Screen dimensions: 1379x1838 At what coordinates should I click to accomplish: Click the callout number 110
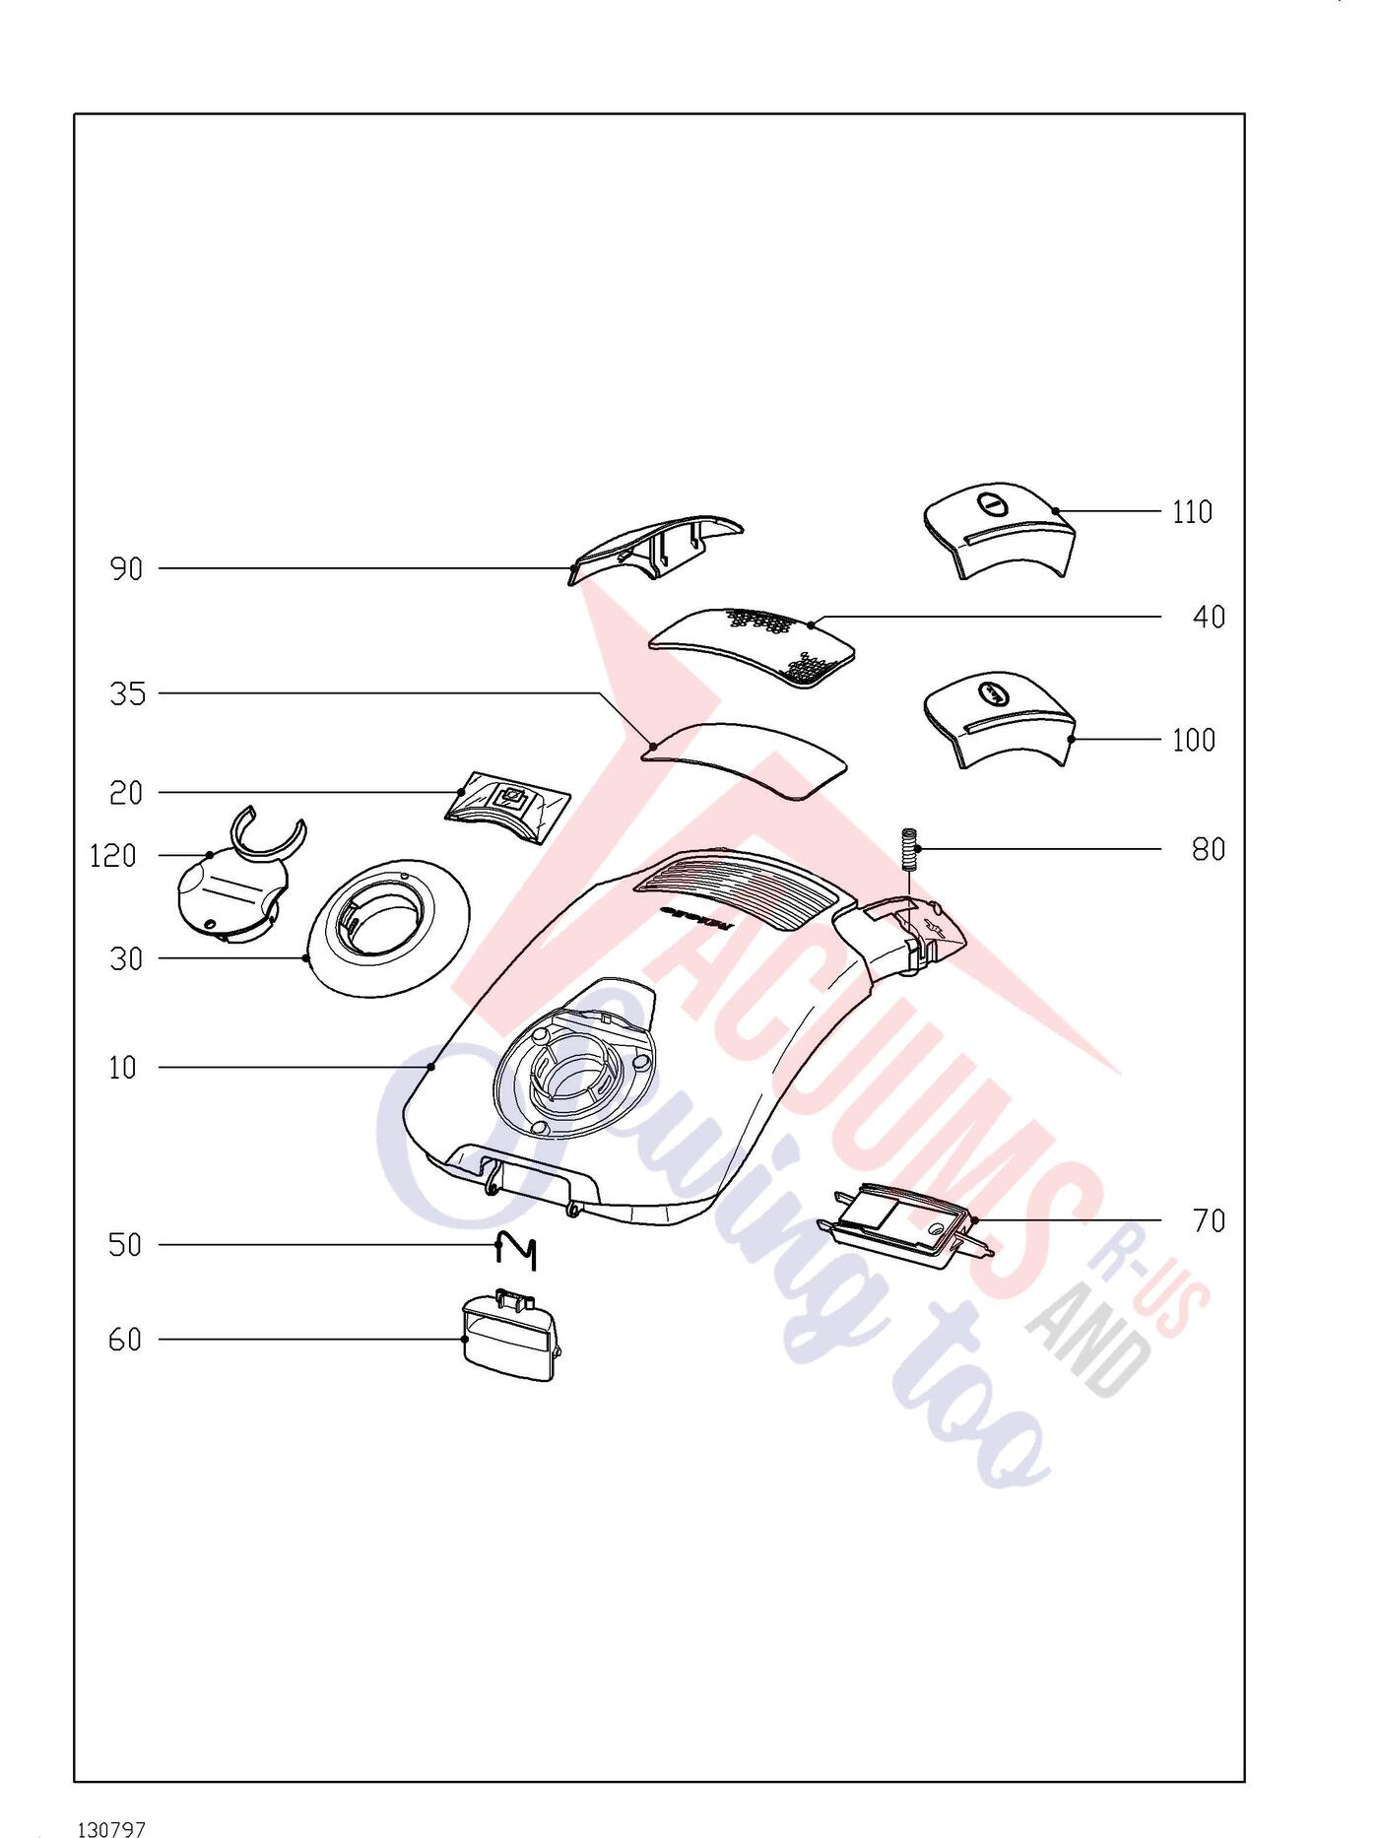(x=1192, y=512)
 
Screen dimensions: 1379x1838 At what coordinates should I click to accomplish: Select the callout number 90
(x=126, y=569)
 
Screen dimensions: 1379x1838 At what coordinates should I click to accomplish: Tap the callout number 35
(x=127, y=694)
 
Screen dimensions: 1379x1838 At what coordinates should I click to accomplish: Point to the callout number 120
(x=113, y=855)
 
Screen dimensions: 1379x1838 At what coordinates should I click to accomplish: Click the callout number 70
(x=1209, y=1221)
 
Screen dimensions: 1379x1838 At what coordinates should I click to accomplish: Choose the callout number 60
(x=125, y=1340)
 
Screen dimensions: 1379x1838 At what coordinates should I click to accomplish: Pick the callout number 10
(x=123, y=1068)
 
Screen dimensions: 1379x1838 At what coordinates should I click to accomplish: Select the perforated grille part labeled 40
(x=752, y=646)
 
